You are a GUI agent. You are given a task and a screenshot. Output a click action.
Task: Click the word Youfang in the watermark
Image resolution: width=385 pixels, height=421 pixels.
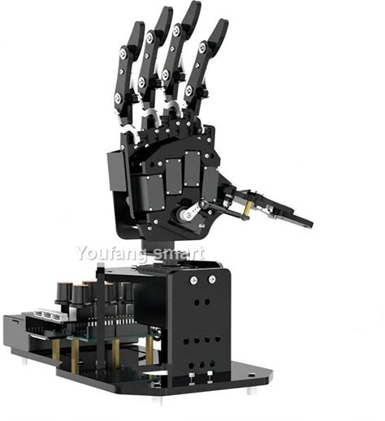[x=112, y=254]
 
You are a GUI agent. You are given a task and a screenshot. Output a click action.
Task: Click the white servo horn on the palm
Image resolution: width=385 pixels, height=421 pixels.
[x=189, y=213]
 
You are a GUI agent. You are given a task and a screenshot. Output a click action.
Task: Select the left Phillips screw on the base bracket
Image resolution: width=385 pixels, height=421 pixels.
[x=195, y=280]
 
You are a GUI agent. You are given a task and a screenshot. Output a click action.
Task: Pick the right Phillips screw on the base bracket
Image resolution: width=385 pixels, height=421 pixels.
[x=212, y=279]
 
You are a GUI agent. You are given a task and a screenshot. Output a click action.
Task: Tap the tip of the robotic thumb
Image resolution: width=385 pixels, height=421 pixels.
[x=310, y=224]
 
